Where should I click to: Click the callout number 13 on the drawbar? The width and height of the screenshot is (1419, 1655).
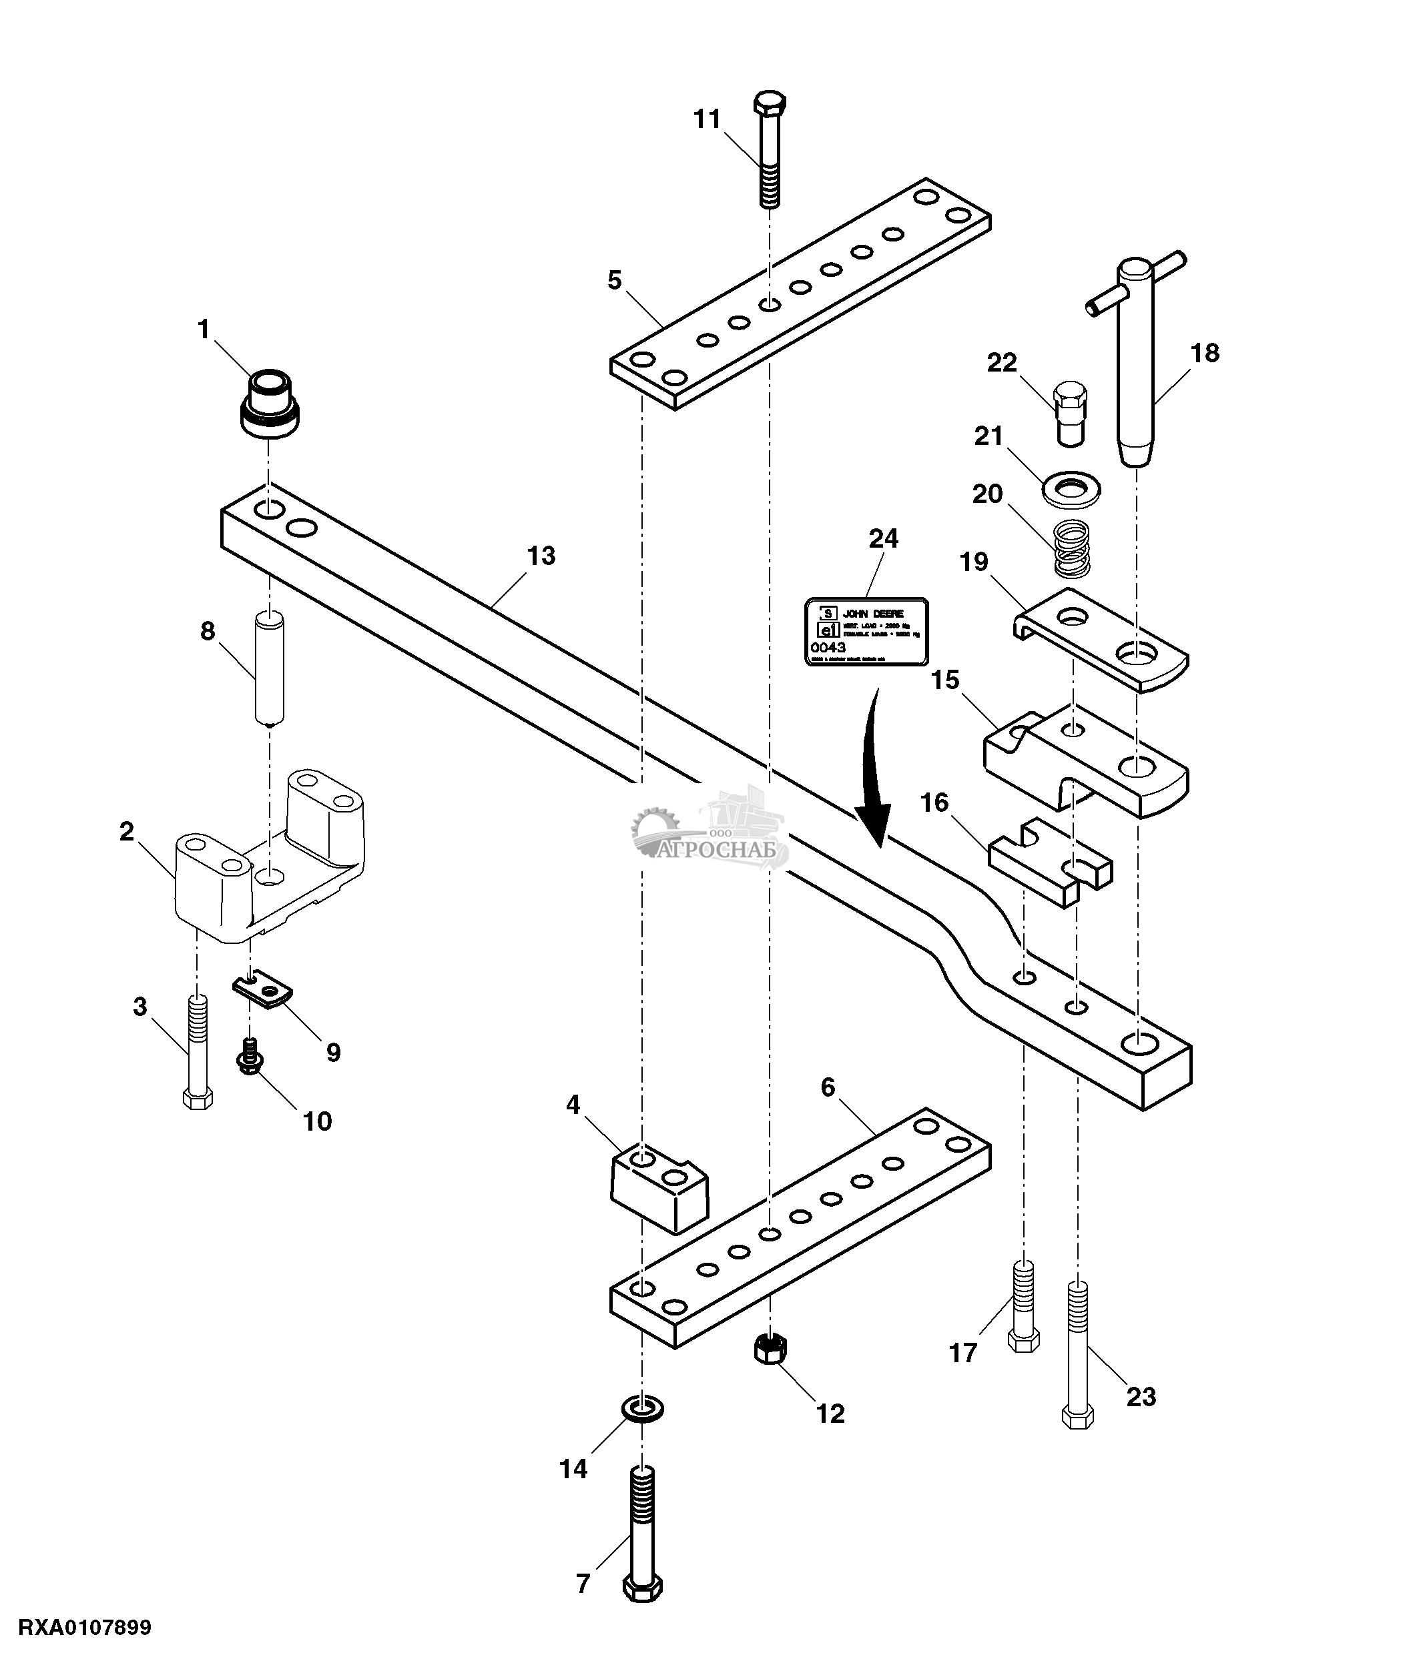pyautogui.click(x=541, y=556)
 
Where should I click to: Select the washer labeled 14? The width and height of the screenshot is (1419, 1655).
pyautogui.click(x=641, y=1409)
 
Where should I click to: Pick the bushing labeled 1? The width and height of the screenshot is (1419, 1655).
pyautogui.click(x=270, y=404)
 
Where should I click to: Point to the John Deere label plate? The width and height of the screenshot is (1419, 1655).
pyautogui.click(x=866, y=631)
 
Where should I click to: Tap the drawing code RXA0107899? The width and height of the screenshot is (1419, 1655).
pyautogui.click(x=85, y=1627)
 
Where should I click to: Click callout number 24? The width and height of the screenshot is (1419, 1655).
pyautogui.click(x=883, y=539)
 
